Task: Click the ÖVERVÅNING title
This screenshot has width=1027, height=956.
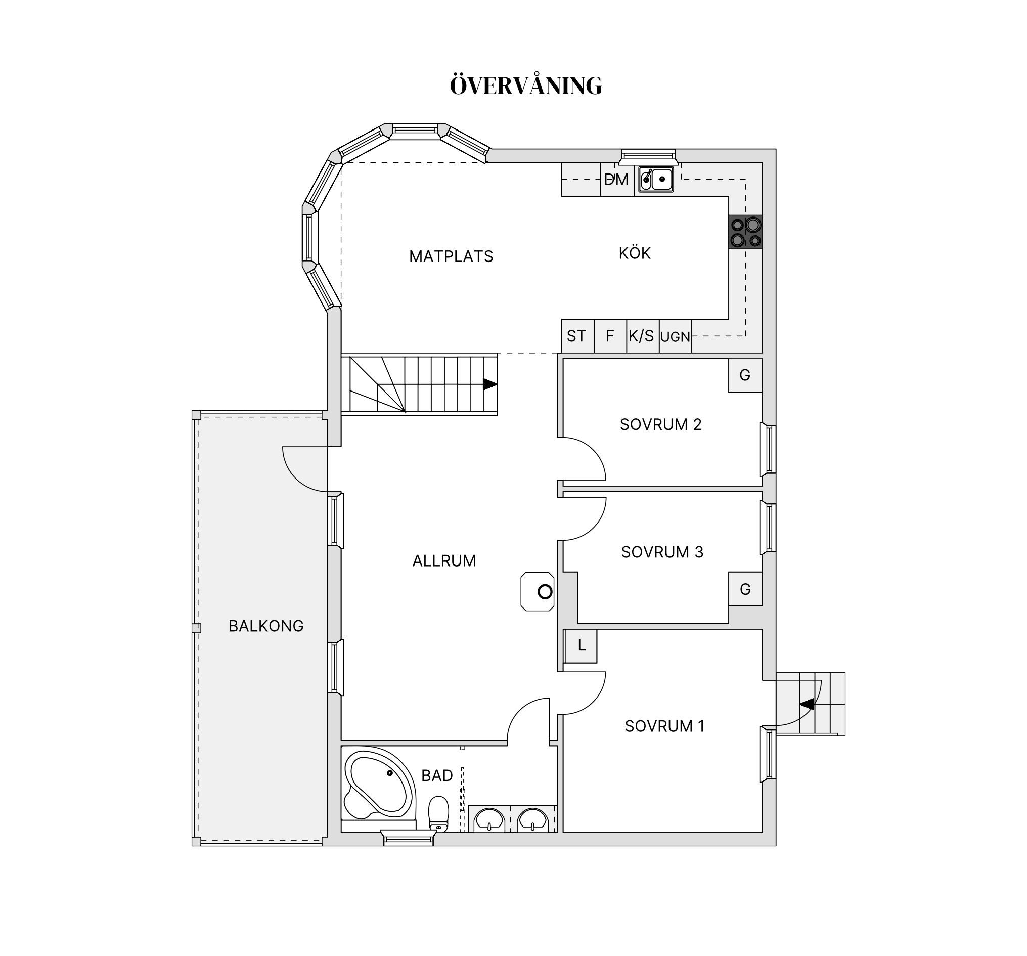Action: pyautogui.click(x=526, y=85)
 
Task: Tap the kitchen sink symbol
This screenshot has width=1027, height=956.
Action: pyautogui.click(x=656, y=180)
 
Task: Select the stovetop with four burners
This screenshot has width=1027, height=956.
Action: pyautogui.click(x=745, y=232)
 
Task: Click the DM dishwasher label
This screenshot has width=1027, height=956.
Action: pyautogui.click(x=616, y=180)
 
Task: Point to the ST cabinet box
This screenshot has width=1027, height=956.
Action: pyautogui.click(x=577, y=336)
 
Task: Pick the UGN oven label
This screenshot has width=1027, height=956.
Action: pyautogui.click(x=675, y=337)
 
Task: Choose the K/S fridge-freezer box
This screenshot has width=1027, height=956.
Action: pyautogui.click(x=643, y=336)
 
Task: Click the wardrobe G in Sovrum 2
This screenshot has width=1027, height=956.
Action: pyautogui.click(x=745, y=375)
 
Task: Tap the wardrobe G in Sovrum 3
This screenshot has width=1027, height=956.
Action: pyautogui.click(x=745, y=589)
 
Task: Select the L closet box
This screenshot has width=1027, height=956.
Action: pyautogui.click(x=581, y=646)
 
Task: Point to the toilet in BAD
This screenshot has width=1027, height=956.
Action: pyautogui.click(x=438, y=813)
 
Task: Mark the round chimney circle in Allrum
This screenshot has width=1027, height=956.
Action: pyautogui.click(x=545, y=592)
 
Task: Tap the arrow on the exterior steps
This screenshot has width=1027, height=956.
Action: pyautogui.click(x=807, y=704)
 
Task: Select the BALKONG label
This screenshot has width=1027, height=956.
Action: pyautogui.click(x=266, y=626)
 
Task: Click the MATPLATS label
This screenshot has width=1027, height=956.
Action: pyautogui.click(x=451, y=256)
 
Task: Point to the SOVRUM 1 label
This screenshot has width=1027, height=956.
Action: pyautogui.click(x=665, y=726)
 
